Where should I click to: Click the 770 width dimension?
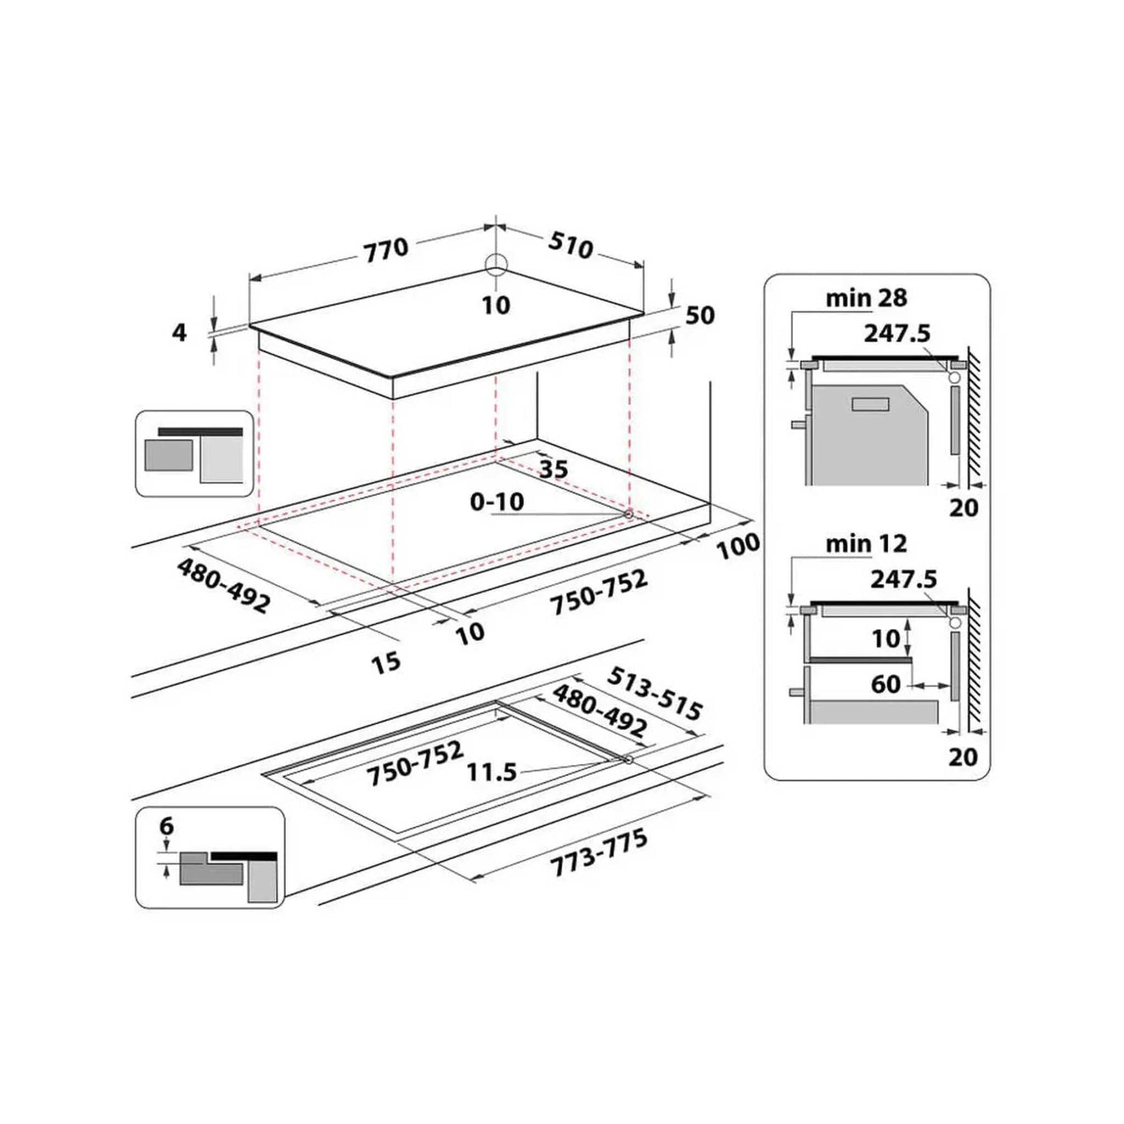[x=386, y=250]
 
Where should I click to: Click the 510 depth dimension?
[x=571, y=245]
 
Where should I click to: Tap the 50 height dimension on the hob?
[x=701, y=315]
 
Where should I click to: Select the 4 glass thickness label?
[x=180, y=333]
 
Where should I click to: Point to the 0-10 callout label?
[x=497, y=501]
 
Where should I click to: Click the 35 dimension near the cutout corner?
[x=553, y=469]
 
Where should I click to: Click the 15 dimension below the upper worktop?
[x=385, y=661]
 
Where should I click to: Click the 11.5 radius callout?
[x=492, y=773]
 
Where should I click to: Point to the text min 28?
[x=866, y=298]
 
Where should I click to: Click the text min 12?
[x=866, y=544]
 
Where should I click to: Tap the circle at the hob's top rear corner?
[x=496, y=264]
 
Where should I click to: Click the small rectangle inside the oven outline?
[x=870, y=404]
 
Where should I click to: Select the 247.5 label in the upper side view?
[x=897, y=333]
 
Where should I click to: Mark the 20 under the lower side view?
[x=963, y=757]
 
